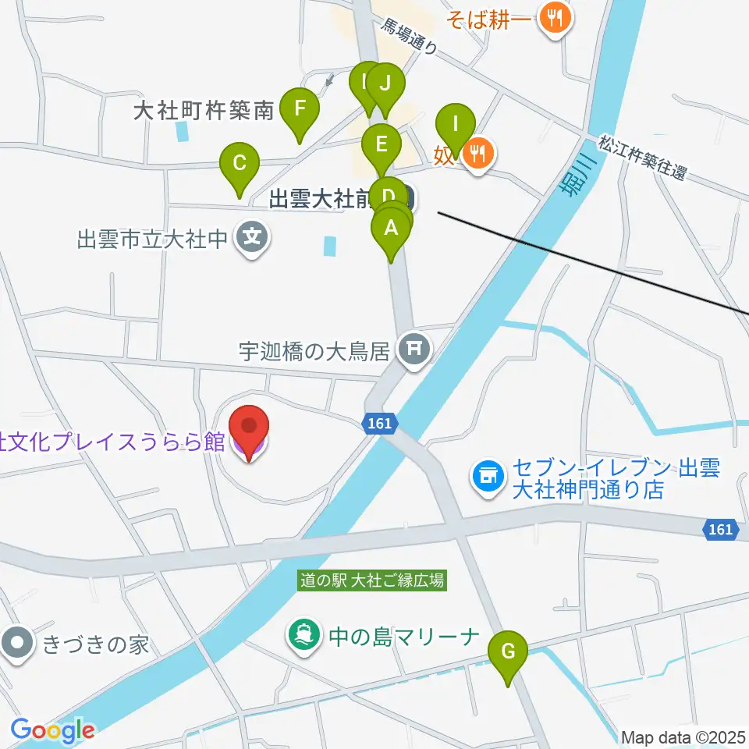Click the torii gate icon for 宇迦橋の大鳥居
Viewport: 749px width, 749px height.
414,346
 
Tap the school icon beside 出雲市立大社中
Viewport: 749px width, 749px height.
254,236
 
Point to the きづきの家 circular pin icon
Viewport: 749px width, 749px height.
16,644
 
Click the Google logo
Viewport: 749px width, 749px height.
52,730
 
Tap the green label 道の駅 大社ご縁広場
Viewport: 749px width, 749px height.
373,580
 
